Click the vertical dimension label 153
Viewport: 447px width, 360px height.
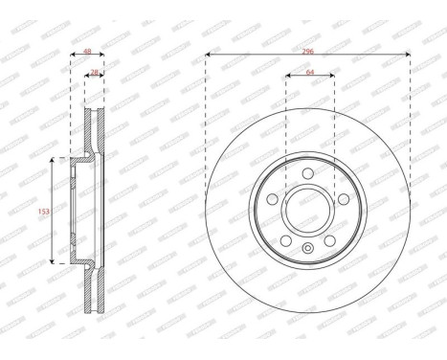coord(38,210)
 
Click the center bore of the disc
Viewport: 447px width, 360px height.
coord(307,210)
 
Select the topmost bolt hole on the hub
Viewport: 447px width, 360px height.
coord(307,173)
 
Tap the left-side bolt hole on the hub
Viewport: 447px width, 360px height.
coord(273,199)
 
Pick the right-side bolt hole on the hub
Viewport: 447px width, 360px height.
coord(342,199)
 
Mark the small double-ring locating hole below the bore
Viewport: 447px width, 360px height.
coord(307,251)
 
